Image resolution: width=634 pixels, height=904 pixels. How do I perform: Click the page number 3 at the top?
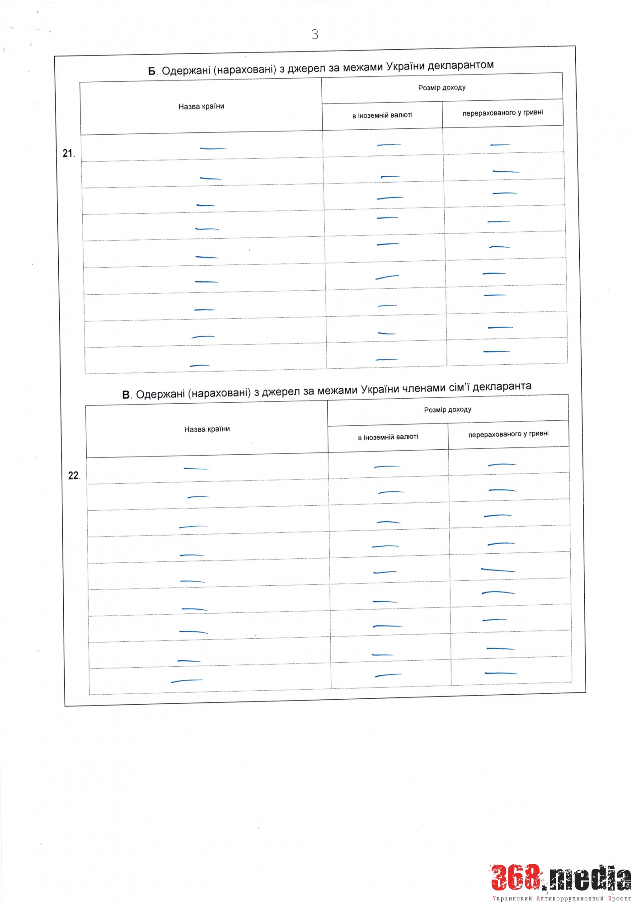315,34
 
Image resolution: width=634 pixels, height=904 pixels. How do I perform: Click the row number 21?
68,154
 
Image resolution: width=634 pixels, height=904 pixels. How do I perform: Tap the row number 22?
74,476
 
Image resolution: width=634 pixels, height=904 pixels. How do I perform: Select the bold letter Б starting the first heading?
152,71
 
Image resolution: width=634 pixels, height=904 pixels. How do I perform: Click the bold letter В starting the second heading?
126,395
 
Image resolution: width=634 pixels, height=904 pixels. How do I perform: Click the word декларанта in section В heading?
502,386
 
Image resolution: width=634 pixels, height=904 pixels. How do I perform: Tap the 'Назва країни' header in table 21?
201,107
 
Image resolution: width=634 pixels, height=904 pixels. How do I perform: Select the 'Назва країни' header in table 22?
207,429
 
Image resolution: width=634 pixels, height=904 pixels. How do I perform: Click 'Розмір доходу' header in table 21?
441,88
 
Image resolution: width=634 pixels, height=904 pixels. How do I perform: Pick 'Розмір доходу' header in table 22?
447,410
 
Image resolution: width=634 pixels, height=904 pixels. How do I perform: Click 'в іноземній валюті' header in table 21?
382,115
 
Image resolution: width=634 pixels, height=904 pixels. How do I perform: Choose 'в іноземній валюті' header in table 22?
388,437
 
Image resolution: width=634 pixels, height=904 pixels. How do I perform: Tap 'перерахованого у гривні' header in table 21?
503,113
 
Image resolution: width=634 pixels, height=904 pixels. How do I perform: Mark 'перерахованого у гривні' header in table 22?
508,434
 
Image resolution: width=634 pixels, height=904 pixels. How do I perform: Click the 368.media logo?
561,878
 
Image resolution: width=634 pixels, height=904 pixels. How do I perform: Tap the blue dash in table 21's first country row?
213,148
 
